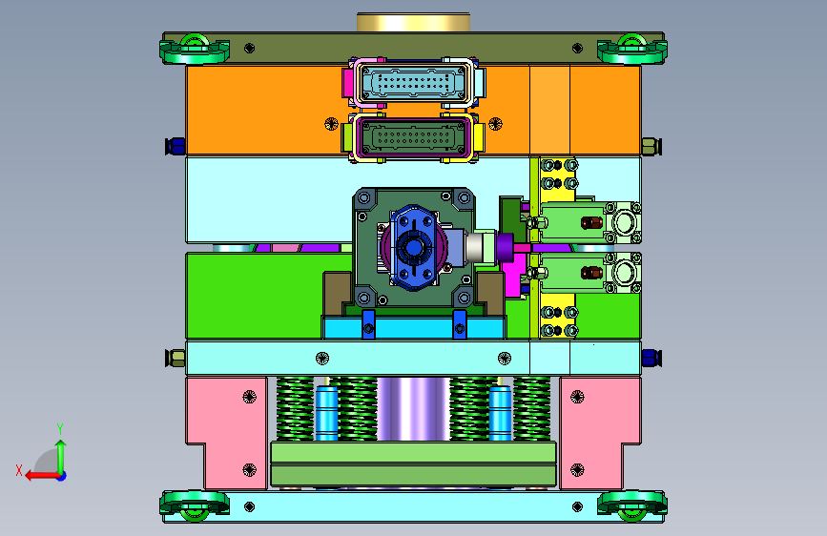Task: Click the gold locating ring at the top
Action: (414, 22)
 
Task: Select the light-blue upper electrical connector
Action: (414, 83)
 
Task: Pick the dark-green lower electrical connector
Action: (413, 137)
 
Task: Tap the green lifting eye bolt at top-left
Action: (194, 49)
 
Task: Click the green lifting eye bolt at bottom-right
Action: (631, 505)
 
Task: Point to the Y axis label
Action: (60, 428)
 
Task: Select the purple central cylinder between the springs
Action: (414, 409)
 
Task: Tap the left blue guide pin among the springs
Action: (326, 413)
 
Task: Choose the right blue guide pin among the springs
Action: (500, 413)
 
